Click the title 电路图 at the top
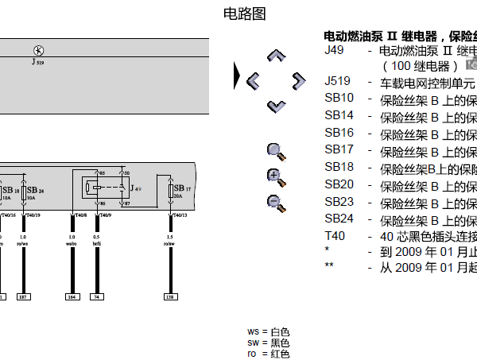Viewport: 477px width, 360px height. [244, 14]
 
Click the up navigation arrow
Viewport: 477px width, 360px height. [276, 56]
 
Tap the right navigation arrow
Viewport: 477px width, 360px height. [298, 79]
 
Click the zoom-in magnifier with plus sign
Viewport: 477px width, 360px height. [275, 177]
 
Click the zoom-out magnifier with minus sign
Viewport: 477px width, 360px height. [275, 203]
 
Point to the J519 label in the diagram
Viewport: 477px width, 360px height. [37, 61]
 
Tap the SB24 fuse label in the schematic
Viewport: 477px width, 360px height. [35, 192]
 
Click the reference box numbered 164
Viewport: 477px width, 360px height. [72, 297]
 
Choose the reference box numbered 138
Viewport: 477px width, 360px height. [169, 297]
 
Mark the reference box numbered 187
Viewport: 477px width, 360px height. [24, 297]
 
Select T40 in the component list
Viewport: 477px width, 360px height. [335, 236]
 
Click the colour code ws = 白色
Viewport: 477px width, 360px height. [269, 331]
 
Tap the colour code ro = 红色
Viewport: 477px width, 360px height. [269, 354]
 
